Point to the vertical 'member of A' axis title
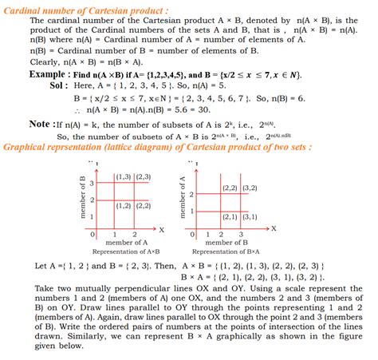tap(183, 196)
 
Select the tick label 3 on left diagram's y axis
tap(91, 184)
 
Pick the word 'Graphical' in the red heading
tap(29, 147)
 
